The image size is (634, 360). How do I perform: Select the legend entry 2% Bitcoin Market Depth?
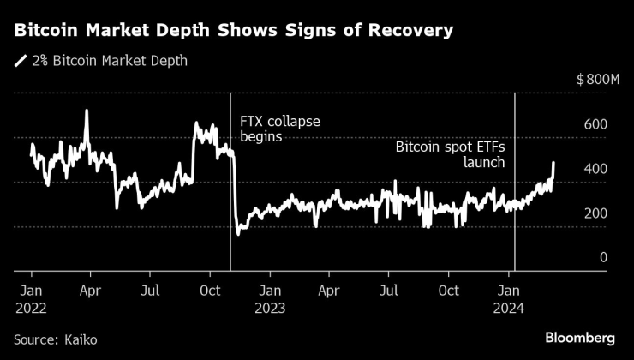[x=108, y=61]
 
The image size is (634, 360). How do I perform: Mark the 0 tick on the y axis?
[x=603, y=257]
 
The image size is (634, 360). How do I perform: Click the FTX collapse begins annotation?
[x=279, y=128]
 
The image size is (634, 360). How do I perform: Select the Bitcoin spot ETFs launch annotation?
[x=450, y=154]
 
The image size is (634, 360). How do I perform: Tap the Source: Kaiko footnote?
[x=56, y=340]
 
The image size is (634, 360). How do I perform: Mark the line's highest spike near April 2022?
[x=86, y=111]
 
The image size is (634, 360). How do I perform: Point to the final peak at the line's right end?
[x=553, y=162]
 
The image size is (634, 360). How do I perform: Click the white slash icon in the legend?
[x=20, y=61]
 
